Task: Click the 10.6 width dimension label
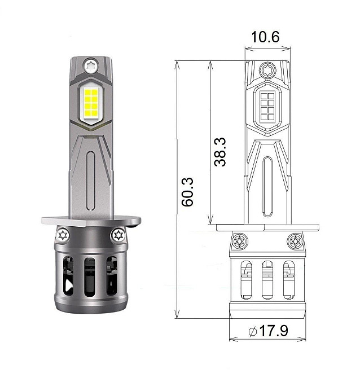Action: point(265,37)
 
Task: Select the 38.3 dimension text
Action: point(221,152)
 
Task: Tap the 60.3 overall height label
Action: point(188,192)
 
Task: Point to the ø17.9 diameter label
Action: point(268,331)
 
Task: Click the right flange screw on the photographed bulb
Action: point(118,234)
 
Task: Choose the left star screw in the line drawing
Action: point(239,241)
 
